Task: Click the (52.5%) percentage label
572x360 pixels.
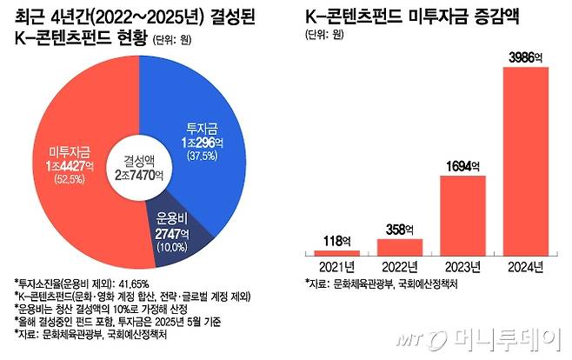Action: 70,180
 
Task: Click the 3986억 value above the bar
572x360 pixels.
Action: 524,57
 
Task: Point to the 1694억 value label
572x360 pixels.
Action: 460,165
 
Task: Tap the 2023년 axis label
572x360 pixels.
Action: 460,266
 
